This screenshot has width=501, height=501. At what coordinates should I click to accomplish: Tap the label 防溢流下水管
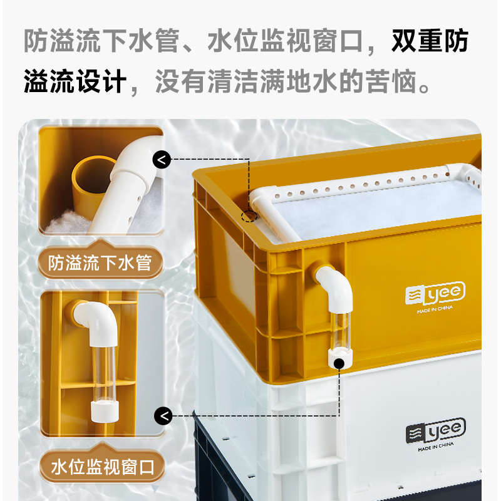[x=100, y=263]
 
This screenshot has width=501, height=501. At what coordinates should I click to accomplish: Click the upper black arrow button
[x=162, y=160]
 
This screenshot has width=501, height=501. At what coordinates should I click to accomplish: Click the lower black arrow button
[x=162, y=415]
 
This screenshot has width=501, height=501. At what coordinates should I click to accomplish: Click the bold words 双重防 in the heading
[x=430, y=42]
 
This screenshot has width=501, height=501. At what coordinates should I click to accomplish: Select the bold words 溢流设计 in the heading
[x=75, y=82]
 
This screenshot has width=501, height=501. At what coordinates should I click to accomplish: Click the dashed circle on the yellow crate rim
[x=250, y=217]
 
